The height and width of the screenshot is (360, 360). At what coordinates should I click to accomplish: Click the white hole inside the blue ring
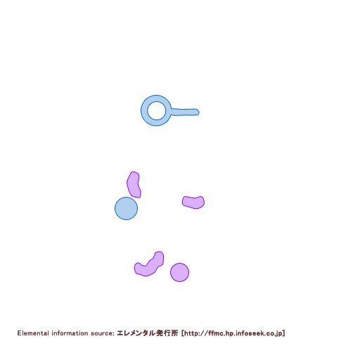(x=156, y=110)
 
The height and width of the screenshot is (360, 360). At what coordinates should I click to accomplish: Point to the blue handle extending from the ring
(x=185, y=112)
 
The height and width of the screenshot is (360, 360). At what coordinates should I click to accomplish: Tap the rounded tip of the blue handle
(x=198, y=112)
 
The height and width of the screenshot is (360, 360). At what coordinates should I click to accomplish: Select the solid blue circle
(x=126, y=208)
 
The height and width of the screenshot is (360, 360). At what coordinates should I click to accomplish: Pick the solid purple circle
(x=179, y=272)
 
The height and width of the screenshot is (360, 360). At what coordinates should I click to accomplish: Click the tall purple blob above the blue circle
(x=134, y=185)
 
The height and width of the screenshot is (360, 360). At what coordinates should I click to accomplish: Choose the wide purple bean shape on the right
(x=193, y=202)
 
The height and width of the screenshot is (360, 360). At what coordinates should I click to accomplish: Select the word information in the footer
(x=70, y=333)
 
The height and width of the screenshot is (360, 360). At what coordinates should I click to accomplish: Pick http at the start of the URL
(x=191, y=333)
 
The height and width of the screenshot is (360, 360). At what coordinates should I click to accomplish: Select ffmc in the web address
(x=216, y=333)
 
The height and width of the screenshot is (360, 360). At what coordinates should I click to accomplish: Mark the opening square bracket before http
(x=183, y=333)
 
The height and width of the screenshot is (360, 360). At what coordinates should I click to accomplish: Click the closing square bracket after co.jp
(x=283, y=333)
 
